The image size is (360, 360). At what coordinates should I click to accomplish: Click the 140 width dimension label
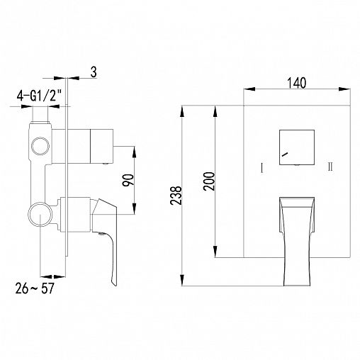[296, 83]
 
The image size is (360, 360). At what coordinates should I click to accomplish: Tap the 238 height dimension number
[176, 196]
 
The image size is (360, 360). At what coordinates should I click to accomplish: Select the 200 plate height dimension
[210, 181]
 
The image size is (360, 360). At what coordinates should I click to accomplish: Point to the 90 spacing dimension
[128, 180]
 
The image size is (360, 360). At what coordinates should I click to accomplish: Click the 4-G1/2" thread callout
[39, 96]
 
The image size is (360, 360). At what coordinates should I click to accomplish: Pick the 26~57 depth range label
[35, 288]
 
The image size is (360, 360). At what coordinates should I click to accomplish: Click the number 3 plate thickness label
[94, 72]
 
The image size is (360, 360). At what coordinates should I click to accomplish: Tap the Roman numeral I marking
[261, 167]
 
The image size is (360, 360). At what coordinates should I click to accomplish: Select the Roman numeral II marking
[330, 167]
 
